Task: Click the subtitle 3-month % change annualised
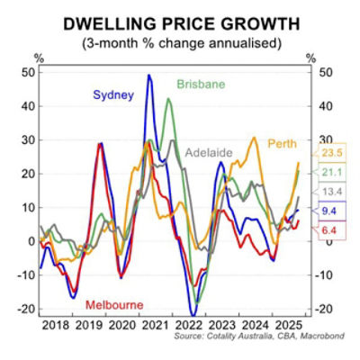click(180, 43)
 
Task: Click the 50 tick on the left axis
click(26, 72)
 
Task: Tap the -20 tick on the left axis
click(24, 310)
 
